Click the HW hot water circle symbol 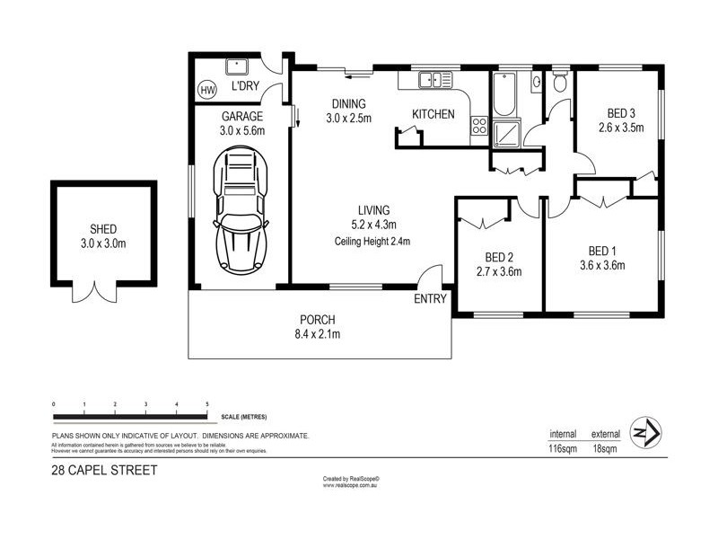coord(207,90)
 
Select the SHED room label coord(103,229)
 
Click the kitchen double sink coord(433,81)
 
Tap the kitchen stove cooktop coord(479,127)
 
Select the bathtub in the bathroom coord(504,94)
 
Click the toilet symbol coord(560,83)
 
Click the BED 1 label coord(601,250)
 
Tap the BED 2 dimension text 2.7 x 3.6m coord(498,272)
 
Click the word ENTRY coord(430,300)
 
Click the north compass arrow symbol coord(646,433)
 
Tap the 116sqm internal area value coord(563,448)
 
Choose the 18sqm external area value coord(605,448)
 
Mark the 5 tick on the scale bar coord(208,406)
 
